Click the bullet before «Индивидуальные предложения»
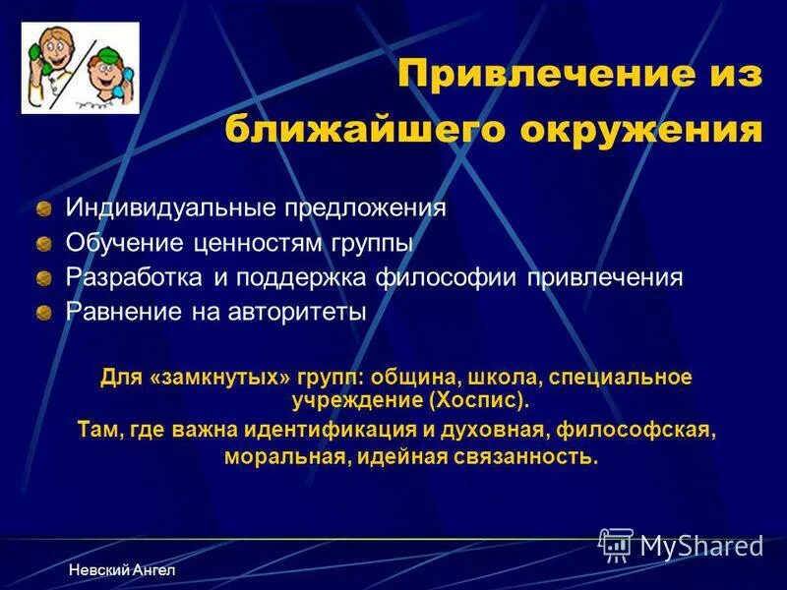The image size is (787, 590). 44,209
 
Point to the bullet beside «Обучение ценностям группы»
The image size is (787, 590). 44,244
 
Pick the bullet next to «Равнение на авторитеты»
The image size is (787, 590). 44,314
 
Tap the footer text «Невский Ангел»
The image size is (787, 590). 122,571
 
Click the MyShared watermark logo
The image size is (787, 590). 681,545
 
